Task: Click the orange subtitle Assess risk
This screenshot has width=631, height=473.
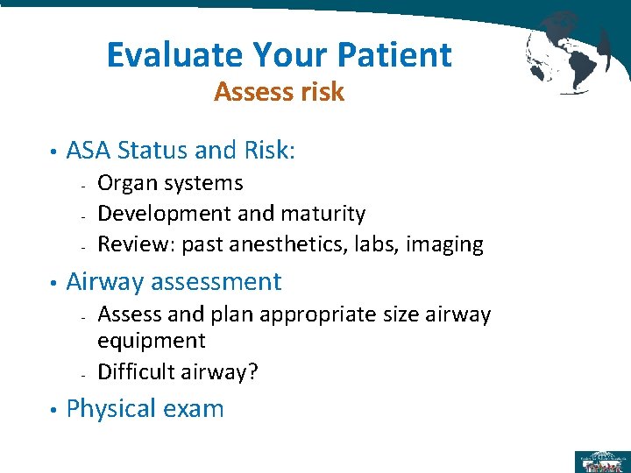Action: (279, 92)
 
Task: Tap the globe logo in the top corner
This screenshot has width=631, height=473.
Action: (568, 50)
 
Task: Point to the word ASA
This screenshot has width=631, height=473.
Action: (90, 151)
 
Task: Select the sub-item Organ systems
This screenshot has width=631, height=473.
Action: (170, 183)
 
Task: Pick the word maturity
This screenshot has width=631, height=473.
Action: (323, 214)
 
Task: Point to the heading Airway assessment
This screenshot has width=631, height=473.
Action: (174, 282)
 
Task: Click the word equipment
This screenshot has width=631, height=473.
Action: (151, 341)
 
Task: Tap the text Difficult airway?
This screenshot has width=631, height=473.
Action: (178, 371)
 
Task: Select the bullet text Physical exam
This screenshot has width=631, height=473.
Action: (145, 409)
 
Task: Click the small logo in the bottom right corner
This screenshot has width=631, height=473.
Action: (599, 461)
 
